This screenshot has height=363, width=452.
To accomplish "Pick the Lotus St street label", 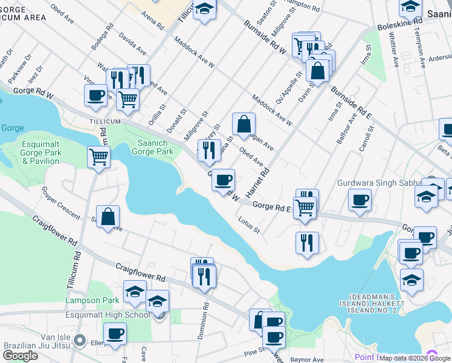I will click(248, 225).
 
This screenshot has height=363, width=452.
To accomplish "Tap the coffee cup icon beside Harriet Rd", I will click(224, 180).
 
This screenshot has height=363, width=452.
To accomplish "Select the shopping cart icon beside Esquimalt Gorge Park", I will click(98, 157).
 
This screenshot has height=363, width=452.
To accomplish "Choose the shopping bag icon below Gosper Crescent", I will click(108, 217).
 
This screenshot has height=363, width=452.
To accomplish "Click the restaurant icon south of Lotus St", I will click(307, 242).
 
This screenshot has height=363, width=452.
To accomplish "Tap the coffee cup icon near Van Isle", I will click(114, 333).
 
